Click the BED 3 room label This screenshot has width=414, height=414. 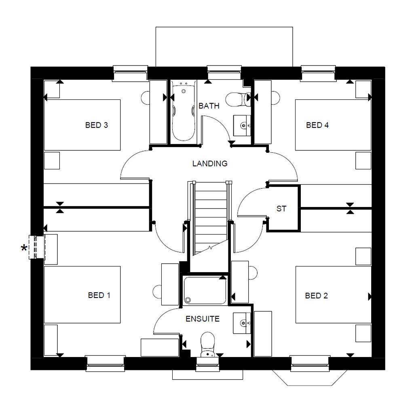(x=96, y=125)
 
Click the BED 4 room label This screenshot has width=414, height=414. (x=317, y=125)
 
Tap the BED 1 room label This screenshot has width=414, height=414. (x=99, y=296)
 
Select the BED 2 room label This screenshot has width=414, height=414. (x=316, y=296)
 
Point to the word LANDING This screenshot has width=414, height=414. (x=209, y=164)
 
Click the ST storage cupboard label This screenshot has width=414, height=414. (x=281, y=209)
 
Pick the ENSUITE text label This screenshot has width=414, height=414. (x=202, y=319)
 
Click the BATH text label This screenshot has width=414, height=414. (x=209, y=106)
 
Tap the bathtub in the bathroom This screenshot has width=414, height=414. (x=184, y=111)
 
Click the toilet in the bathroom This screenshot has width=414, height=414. (x=236, y=99)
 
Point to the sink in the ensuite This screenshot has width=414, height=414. (x=242, y=323)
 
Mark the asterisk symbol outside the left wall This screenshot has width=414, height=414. (x=25, y=248)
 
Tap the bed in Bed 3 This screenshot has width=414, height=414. (x=82, y=125)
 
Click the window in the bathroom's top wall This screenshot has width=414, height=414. (x=224, y=73)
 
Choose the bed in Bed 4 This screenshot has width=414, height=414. (x=333, y=125)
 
